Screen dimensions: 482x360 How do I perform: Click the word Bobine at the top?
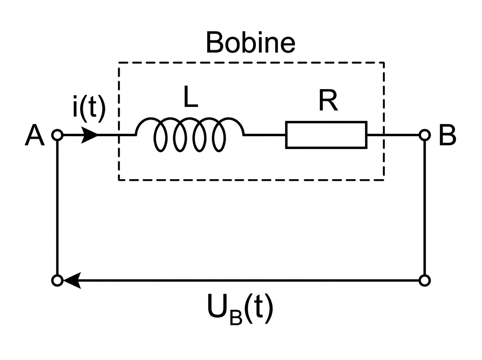click(x=251, y=42)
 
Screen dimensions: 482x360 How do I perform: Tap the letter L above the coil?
click(x=191, y=97)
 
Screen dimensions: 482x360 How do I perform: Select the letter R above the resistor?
click(x=328, y=100)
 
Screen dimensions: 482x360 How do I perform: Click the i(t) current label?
click(x=89, y=109)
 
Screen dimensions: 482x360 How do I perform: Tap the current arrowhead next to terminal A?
click(x=90, y=135)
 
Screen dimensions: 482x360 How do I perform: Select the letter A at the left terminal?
click(x=35, y=135)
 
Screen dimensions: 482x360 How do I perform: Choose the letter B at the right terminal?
click(x=447, y=135)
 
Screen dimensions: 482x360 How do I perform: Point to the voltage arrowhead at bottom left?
click(x=72, y=280)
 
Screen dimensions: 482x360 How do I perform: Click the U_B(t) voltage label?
click(x=240, y=309)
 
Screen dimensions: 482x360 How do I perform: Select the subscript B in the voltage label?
click(x=236, y=317)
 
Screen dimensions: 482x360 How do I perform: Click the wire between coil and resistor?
click(x=265, y=135)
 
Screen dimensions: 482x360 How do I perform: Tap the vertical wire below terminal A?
click(x=57, y=208)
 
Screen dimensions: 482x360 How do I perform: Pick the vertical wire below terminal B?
click(x=425, y=208)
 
